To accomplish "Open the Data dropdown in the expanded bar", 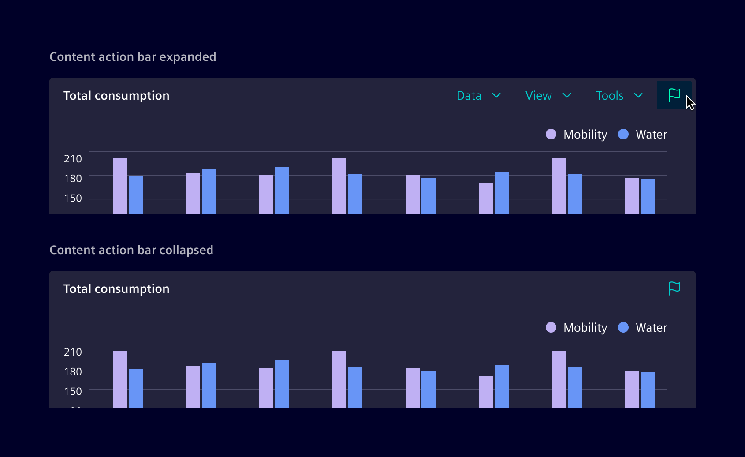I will click(478, 96).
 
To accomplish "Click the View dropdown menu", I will click(548, 96).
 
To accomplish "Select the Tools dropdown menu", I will click(618, 96).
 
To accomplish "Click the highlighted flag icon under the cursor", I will click(674, 95).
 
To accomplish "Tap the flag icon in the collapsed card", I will click(674, 288).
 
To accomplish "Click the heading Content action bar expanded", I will click(133, 57).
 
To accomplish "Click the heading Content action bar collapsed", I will click(131, 250).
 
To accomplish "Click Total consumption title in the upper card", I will click(116, 96).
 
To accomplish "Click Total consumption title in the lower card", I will click(116, 289).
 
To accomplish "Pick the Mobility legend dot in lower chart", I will click(551, 327).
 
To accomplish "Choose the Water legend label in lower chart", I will click(651, 328).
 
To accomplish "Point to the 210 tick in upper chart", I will click(73, 159).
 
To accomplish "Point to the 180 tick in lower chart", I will click(73, 372).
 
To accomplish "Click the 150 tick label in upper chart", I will click(73, 198).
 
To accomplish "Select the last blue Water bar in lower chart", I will click(648, 390).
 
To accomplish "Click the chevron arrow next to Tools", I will click(638, 96).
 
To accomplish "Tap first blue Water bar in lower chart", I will click(136, 388).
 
